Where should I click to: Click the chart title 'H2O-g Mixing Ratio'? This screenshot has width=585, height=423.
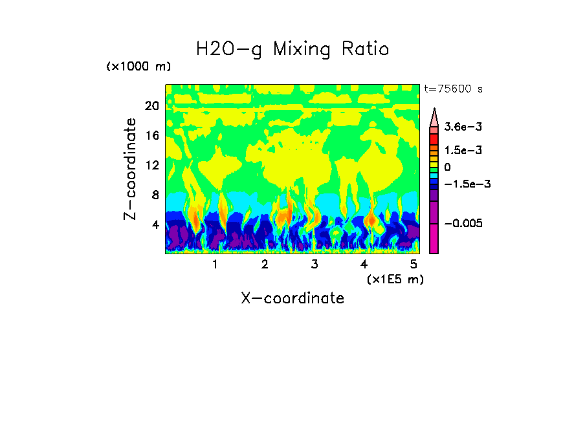click(292, 49)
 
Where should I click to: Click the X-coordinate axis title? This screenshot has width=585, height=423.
click(292, 298)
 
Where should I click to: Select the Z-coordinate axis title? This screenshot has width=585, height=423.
click(131, 168)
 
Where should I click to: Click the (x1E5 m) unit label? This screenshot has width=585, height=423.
click(395, 279)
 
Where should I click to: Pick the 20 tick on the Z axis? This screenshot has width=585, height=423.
click(152, 106)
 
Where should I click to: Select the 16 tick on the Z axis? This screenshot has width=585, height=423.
click(152, 136)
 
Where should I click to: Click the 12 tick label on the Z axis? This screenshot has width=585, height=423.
click(152, 166)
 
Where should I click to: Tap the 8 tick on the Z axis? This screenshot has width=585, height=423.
click(155, 195)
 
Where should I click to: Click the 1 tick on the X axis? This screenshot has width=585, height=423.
click(215, 264)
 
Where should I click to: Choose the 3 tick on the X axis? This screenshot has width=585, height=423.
click(314, 264)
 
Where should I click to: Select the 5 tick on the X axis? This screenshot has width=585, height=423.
click(413, 264)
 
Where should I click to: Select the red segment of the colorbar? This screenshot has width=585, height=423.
click(434, 139)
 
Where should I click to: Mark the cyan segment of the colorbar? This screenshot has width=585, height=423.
click(434, 176)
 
